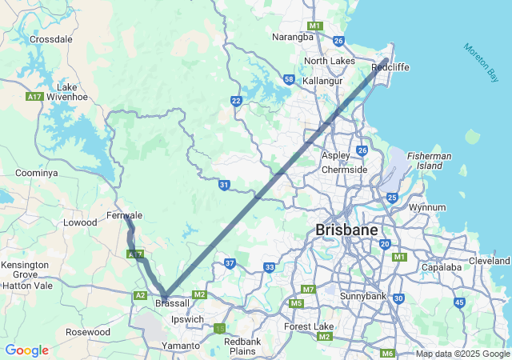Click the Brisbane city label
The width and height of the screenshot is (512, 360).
(346, 230)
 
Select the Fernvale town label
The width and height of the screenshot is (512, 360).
(124, 215)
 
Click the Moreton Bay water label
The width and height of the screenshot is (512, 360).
(481, 62)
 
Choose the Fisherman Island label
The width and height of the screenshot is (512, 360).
(429, 161)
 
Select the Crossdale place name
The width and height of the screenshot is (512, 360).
(51, 38)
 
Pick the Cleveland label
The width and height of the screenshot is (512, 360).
(490, 261)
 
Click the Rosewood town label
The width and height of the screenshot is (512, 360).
(88, 332)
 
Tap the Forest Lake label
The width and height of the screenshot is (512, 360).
(308, 326)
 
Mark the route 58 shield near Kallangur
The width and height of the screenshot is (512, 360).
(289, 79)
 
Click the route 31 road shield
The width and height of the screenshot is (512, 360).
(225, 185)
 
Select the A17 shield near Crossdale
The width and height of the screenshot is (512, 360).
(34, 97)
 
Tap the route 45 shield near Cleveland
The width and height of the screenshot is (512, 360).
(458, 302)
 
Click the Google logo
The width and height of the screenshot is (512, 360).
(26, 350)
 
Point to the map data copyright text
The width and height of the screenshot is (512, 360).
(462, 354)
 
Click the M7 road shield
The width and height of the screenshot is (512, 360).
(308, 289)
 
